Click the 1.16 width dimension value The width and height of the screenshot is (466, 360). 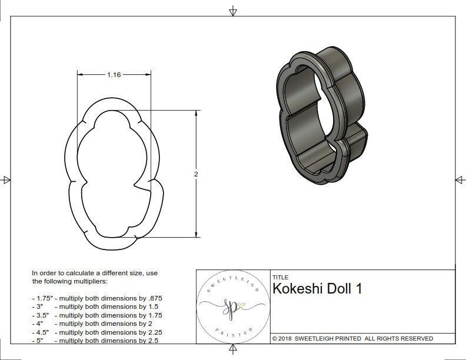click(115, 75)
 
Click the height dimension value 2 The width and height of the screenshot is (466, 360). click(196, 174)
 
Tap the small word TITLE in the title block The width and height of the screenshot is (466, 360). click(280, 277)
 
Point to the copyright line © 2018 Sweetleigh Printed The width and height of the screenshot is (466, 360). click(352, 339)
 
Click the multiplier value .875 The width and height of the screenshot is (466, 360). click(154, 298)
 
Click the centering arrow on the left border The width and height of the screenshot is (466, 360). click(6, 179)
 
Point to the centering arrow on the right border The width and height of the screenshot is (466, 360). click(460, 179)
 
